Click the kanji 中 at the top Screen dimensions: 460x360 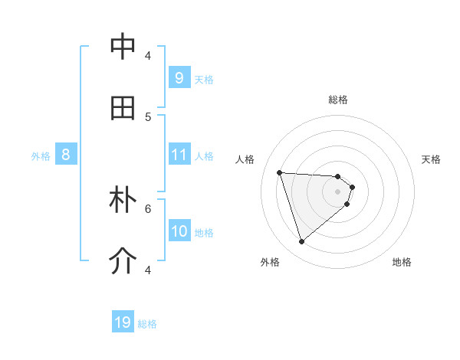(123, 47)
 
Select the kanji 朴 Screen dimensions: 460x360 (123, 200)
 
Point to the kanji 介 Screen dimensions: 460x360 (123, 261)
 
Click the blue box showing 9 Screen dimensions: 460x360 (179, 78)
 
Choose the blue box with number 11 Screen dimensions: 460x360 (179, 155)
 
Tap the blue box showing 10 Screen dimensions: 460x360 (179, 231)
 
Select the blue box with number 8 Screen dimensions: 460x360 (66, 155)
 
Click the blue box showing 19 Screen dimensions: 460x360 (123, 322)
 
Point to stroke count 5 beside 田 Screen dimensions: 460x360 (148, 116)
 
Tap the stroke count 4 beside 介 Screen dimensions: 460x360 (148, 270)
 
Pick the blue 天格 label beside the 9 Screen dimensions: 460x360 (204, 79)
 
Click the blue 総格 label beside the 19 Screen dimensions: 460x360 (147, 323)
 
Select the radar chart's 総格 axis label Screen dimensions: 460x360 (338, 100)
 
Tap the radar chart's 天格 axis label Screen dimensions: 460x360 (431, 159)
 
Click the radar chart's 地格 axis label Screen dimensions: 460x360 (402, 262)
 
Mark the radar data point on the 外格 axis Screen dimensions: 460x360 (301, 242)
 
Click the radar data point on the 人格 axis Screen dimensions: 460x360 (279, 172)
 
